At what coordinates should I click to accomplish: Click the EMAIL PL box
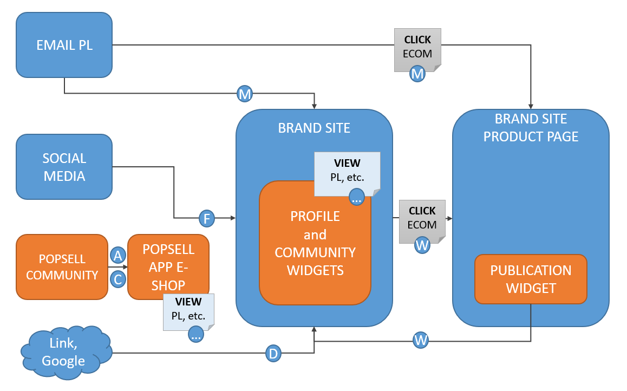(x=64, y=45)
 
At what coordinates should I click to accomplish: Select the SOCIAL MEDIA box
(x=64, y=167)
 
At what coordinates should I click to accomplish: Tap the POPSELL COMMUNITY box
(x=62, y=267)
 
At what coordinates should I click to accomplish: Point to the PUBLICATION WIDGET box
(x=531, y=279)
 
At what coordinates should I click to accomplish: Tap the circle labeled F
(x=207, y=218)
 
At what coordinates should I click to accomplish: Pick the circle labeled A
(x=117, y=255)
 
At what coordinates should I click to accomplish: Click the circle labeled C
(x=117, y=280)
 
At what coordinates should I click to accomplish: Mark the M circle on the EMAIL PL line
(x=245, y=94)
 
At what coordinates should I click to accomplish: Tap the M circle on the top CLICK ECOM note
(x=417, y=74)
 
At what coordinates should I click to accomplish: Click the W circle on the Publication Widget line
(x=421, y=341)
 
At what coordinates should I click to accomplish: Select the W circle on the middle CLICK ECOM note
(x=422, y=245)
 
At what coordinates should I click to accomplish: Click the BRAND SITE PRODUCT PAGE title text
(x=531, y=128)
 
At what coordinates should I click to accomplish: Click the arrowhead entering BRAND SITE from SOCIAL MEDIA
(x=233, y=218)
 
